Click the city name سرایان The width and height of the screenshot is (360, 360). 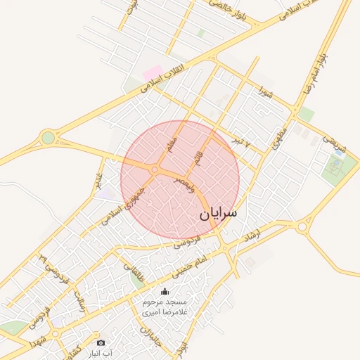[219, 212]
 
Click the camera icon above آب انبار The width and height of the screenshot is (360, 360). [101, 342]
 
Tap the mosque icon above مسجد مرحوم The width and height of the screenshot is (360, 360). [165, 292]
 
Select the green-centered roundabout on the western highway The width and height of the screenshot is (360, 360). [48, 138]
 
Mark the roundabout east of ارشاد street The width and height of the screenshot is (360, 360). [302, 227]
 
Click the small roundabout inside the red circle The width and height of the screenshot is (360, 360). [154, 169]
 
